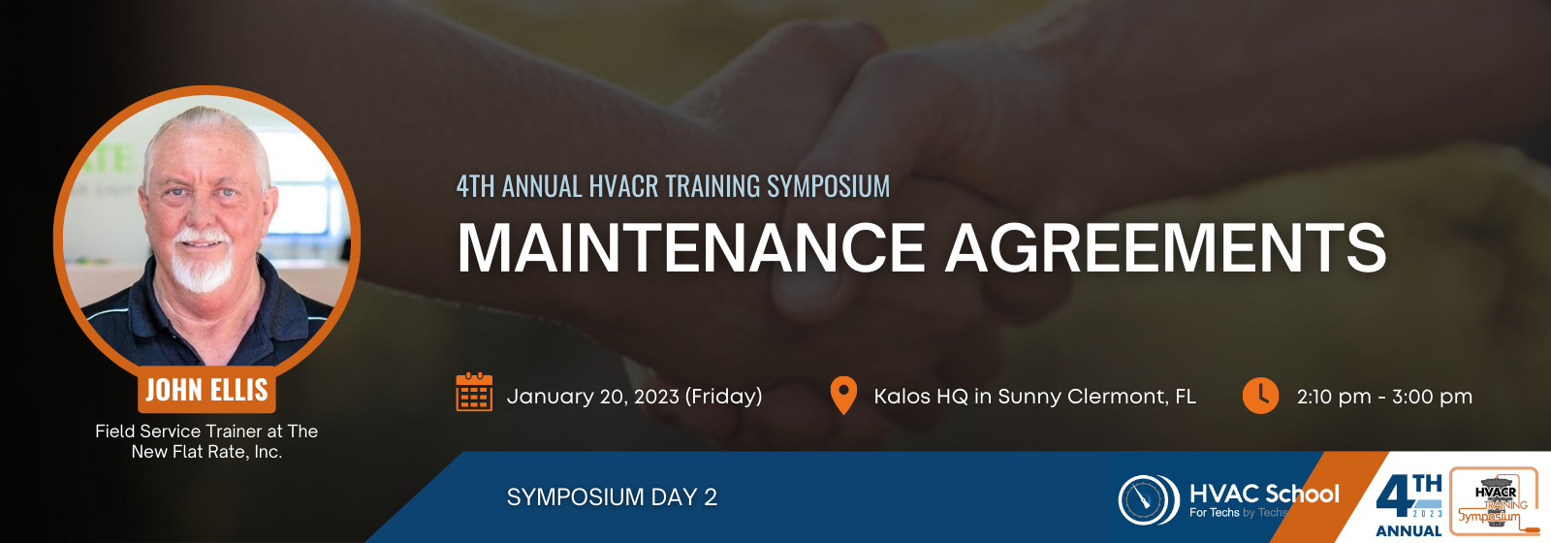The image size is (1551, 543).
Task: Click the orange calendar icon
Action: pos(474,392)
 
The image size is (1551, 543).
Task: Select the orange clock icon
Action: pos(1260,396)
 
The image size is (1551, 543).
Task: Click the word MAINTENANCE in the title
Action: pos(691,248)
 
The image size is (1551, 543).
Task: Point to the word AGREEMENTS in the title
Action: pos(1167,248)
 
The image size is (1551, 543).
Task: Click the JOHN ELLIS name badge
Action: pos(206,390)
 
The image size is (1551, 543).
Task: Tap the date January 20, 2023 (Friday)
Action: pos(634,397)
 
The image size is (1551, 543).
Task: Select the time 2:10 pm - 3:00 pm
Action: pos(1384,397)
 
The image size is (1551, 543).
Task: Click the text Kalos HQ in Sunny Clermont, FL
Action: pos(1034,397)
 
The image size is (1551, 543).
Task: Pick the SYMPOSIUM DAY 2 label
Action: pos(612,497)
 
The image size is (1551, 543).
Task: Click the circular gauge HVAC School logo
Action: pos(1149,499)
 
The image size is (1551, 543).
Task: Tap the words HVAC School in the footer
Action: pos(1264,494)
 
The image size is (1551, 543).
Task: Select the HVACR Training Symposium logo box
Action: pos(1495,500)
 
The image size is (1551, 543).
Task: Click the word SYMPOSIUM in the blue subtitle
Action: pos(828,186)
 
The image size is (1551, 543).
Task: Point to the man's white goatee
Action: pos(201,267)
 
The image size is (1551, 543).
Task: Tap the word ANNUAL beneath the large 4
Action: pos(1408,531)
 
